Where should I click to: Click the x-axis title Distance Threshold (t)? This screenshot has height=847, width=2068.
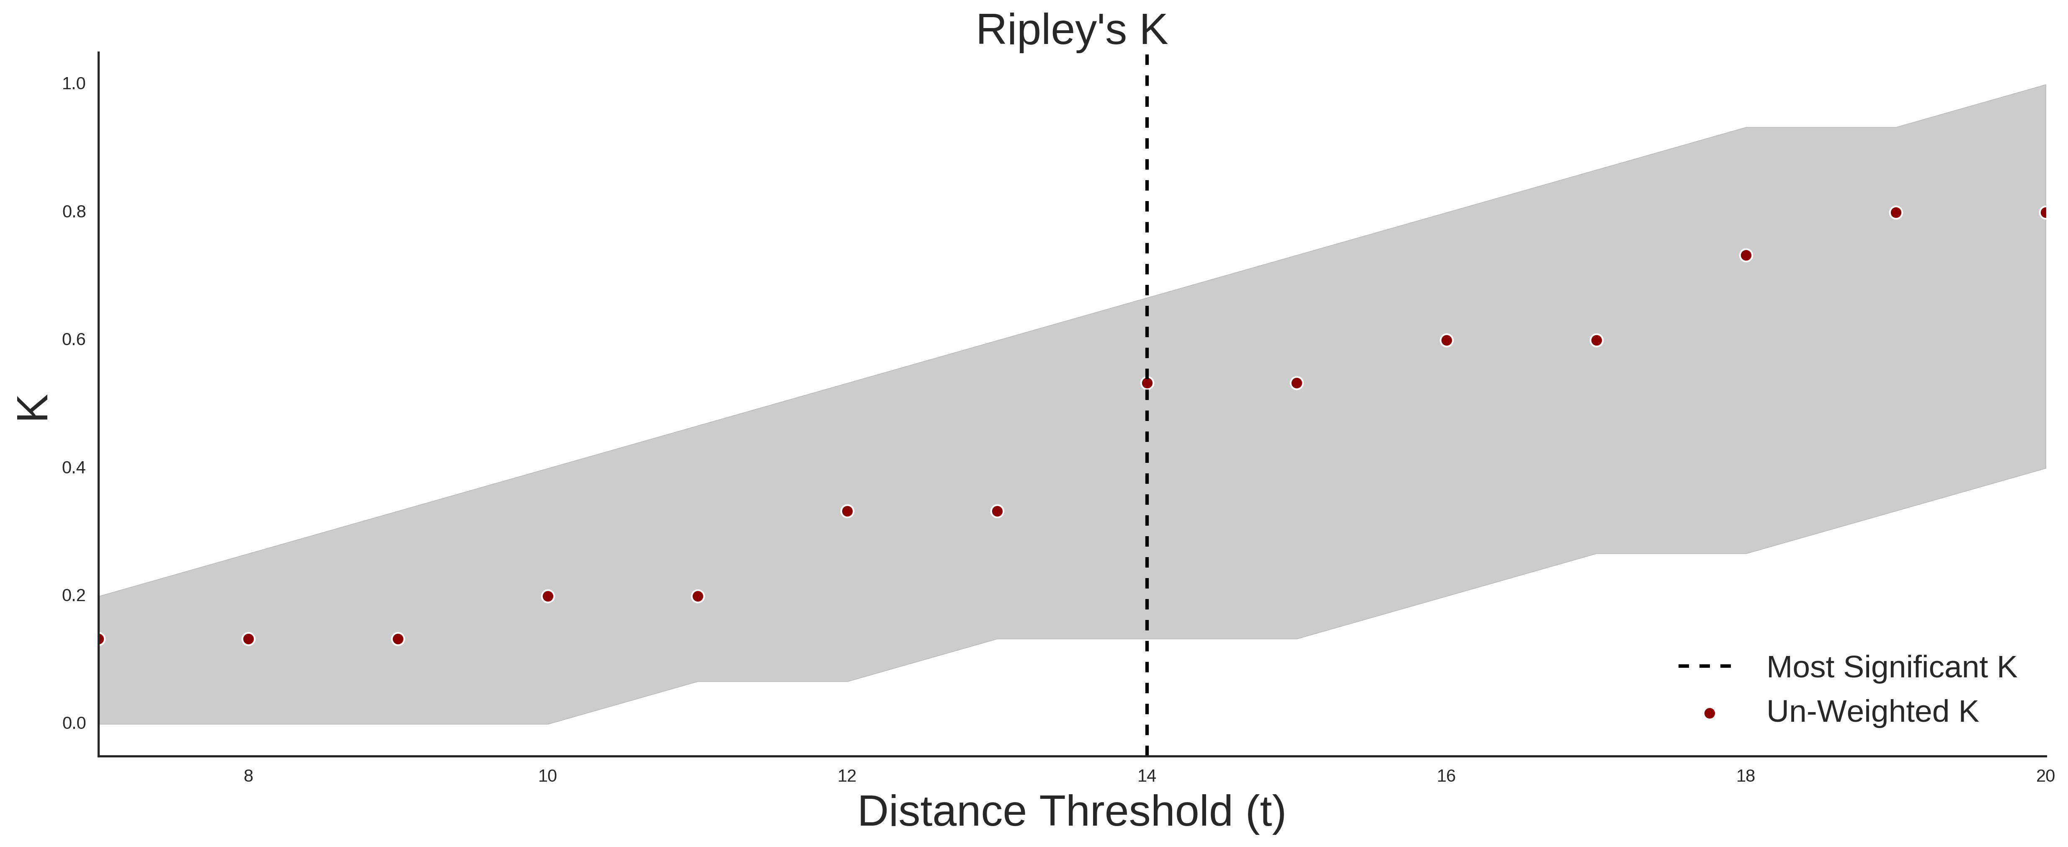click(1072, 812)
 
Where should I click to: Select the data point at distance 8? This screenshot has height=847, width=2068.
click(248, 639)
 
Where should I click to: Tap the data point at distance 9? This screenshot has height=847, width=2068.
click(398, 639)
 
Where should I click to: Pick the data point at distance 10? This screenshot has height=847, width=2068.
click(547, 597)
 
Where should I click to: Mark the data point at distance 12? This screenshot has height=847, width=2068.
click(847, 511)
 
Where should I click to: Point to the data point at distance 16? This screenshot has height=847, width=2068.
click(1447, 341)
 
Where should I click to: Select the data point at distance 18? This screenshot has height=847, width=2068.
click(1746, 255)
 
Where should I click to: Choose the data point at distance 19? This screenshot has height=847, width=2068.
click(1896, 213)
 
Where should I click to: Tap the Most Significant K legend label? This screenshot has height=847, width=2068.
click(1891, 667)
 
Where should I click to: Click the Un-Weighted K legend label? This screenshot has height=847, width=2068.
click(1872, 712)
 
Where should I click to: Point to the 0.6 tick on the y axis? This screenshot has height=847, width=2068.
click(74, 340)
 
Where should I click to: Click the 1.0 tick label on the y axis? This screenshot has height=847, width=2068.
click(74, 83)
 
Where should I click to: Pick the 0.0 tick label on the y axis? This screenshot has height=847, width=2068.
click(74, 723)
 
